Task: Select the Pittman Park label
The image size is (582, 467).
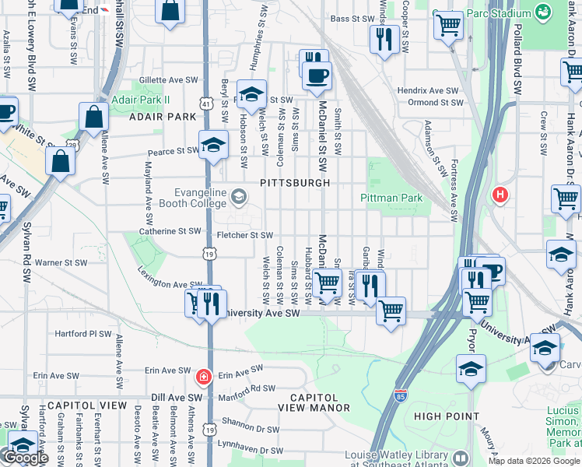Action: tap(391, 198)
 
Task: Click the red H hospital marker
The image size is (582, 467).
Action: tap(500, 195)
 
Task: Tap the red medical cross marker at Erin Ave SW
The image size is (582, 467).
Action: tap(203, 377)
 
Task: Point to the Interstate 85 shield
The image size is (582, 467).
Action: tap(401, 396)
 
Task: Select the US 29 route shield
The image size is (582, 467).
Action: tap(72, 145)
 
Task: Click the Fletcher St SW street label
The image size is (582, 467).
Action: tap(244, 235)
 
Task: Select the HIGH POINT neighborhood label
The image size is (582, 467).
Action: tap(446, 416)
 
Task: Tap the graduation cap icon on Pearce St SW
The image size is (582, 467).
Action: tap(212, 146)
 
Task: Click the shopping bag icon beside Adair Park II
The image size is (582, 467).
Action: tap(93, 118)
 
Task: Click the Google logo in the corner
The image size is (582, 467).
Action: tap(26, 458)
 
